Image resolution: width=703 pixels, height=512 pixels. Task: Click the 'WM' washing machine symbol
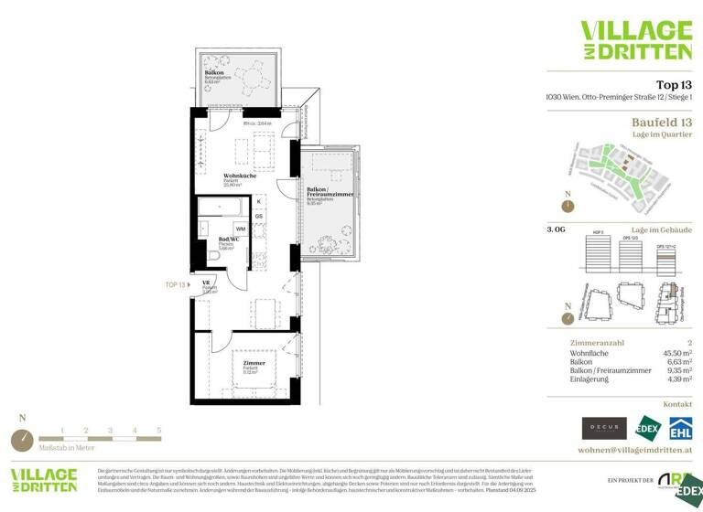(x=240, y=228)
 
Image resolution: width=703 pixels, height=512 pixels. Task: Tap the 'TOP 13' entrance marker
(x=177, y=285)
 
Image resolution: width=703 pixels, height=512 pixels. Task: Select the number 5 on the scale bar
(x=158, y=430)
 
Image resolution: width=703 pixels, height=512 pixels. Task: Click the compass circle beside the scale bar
(x=22, y=440)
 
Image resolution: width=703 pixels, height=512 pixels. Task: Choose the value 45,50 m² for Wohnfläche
(x=676, y=352)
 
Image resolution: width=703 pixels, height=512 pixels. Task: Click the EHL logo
(x=680, y=427)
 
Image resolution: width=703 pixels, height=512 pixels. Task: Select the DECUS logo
(x=604, y=427)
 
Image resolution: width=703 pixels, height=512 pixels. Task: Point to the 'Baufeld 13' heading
(x=662, y=122)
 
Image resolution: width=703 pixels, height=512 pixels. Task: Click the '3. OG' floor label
(x=556, y=230)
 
